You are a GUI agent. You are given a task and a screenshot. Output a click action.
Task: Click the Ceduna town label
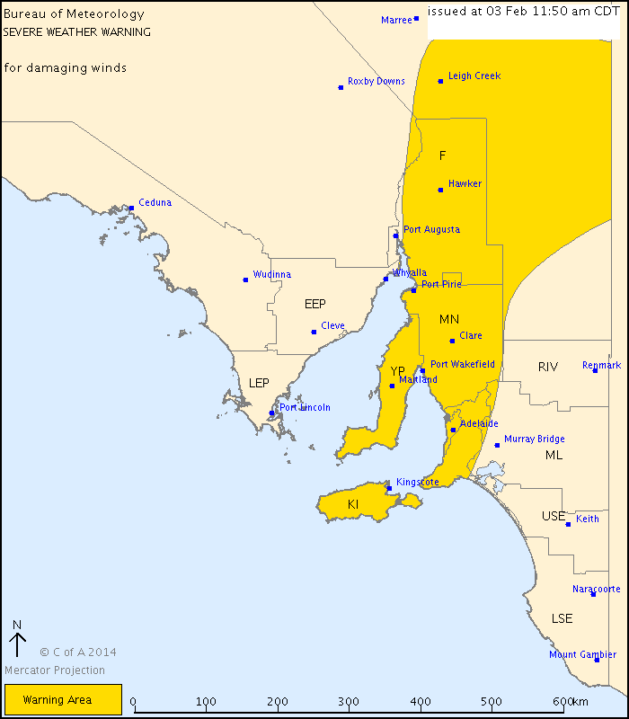coord(155,203)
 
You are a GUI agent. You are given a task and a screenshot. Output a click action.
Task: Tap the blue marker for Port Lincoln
coord(272,413)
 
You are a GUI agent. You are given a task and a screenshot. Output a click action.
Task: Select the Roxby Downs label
coord(376,82)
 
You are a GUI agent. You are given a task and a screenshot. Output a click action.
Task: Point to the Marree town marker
coord(416,18)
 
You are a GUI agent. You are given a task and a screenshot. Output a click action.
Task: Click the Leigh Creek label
coord(474,76)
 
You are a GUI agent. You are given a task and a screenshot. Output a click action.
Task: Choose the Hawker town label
coord(465,184)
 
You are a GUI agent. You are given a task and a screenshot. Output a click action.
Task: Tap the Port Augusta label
coord(431,230)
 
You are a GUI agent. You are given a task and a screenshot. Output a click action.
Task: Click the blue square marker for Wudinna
coord(245,280)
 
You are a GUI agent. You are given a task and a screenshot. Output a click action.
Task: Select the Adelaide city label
coord(478,424)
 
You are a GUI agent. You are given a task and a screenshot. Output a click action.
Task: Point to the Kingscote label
coord(418,483)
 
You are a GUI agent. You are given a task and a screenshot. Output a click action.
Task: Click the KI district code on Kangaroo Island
coord(353,505)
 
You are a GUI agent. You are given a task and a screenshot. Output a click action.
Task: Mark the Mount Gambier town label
coord(583,655)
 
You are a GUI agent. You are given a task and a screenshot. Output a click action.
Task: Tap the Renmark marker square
coord(595,370)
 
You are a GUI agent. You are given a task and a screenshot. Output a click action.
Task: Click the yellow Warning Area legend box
coord(63,699)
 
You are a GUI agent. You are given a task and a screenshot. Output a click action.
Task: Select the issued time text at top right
coord(523,11)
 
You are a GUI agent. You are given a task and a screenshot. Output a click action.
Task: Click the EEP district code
coord(315,304)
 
